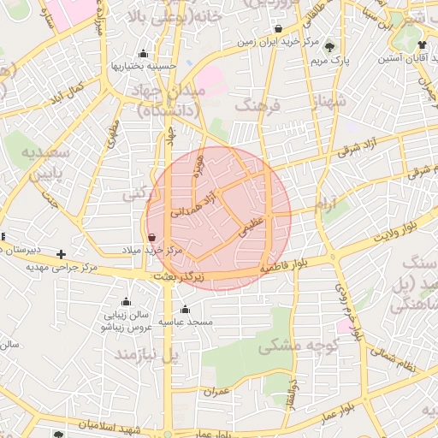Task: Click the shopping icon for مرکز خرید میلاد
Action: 151,237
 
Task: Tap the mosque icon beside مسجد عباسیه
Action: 185,309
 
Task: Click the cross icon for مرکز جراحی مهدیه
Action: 61,254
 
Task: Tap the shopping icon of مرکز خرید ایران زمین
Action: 278,28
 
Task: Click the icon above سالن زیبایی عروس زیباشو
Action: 127,301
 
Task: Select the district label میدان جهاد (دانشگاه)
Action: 168,100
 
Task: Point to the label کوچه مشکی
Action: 299,346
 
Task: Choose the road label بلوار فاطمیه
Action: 276,269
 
